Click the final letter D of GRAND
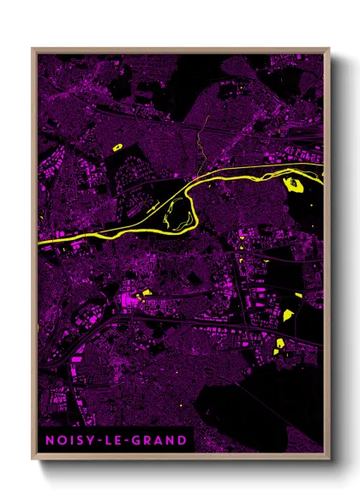[x=182, y=441]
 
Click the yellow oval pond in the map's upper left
[x=117, y=147]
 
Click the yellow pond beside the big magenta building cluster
[x=147, y=292]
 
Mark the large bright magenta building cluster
[x=129, y=299]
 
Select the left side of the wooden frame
[x=33, y=257]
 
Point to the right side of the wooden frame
[x=327, y=257]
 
